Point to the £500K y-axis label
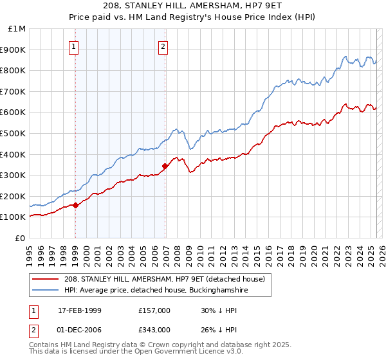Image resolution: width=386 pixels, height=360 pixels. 13,134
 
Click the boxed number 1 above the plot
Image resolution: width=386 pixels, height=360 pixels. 75,46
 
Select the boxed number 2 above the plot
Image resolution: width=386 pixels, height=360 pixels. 163,46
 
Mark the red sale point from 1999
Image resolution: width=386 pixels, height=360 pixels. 76,205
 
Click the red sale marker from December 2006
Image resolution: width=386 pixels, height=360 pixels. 165,166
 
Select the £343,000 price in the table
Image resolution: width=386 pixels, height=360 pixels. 154,329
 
